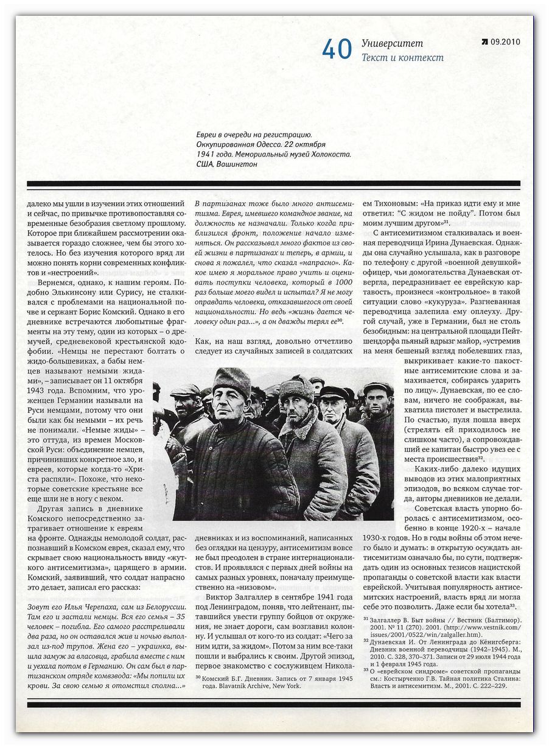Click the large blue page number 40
pyautogui.click(x=337, y=50)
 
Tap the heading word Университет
pyautogui.click(x=392, y=43)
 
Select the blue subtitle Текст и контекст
pyautogui.click(x=402, y=58)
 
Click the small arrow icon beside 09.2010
pyautogui.click(x=484, y=43)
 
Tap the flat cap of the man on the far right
pyautogui.click(x=377, y=387)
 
